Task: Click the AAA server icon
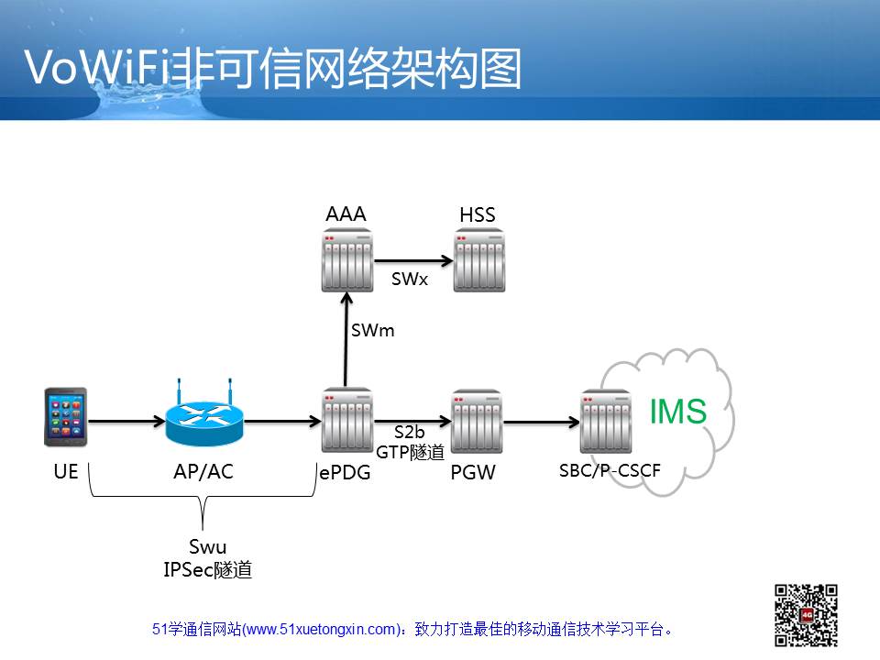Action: coord(346,260)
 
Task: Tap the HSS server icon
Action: coord(478,260)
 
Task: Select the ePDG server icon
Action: coord(346,421)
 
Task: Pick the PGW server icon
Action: coord(477,422)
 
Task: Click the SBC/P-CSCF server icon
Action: coord(606,422)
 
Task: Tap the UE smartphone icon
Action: coord(66,417)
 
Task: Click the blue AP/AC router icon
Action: coord(204,415)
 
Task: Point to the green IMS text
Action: coord(678,412)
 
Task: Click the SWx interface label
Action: coord(410,279)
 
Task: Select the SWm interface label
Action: coord(373,331)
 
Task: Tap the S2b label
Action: coord(409,432)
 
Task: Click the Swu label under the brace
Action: coord(208,546)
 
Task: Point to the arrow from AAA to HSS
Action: coord(413,260)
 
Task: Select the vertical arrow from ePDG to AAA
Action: coord(346,340)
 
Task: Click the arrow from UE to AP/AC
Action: coord(126,421)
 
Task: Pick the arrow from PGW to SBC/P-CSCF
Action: coord(542,422)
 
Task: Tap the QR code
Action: coord(806,615)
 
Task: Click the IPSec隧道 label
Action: coord(208,569)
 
